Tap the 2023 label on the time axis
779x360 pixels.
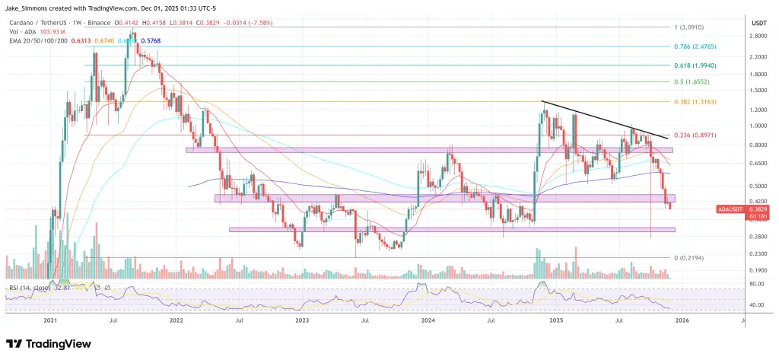point(302,321)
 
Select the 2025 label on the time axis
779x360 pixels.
point(555,321)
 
